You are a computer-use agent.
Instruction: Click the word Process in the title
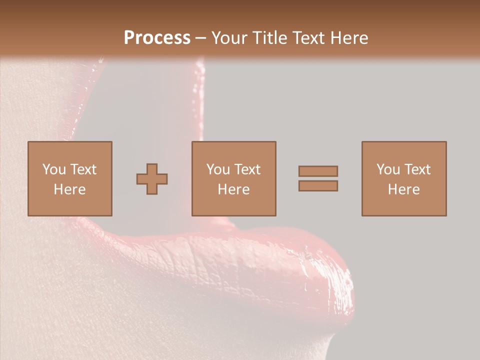coord(157,37)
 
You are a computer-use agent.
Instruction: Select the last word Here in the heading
coord(349,37)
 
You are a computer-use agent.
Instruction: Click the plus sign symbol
coord(152,179)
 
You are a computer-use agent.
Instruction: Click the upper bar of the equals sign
coord(318,171)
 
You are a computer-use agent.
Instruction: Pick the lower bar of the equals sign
coord(318,185)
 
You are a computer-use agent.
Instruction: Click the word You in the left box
coord(54,169)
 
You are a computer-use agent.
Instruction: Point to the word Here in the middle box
coord(233,189)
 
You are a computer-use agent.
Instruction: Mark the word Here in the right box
coord(403,189)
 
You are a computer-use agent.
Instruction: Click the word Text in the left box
coord(83,169)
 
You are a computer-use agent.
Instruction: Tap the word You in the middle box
coord(218,169)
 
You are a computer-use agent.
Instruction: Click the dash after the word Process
coord(200,38)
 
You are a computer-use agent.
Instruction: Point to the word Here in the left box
coord(69,189)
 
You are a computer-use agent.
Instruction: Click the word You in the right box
coord(388,169)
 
